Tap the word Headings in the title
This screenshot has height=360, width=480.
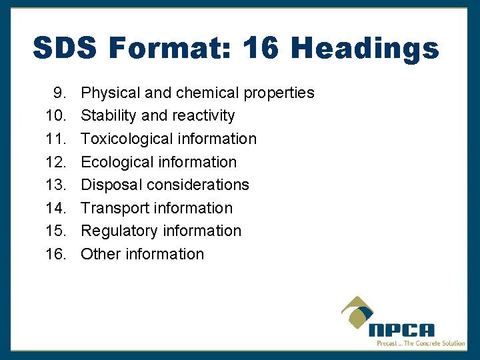pyautogui.click(x=365, y=49)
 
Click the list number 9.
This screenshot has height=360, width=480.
pyautogui.click(x=59, y=93)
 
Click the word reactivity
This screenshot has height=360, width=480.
pyautogui.click(x=203, y=116)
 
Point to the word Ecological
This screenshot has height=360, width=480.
pyautogui.click(x=116, y=162)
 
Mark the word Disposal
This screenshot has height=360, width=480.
pyautogui.click(x=111, y=185)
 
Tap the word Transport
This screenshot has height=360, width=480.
pyautogui.click(x=115, y=208)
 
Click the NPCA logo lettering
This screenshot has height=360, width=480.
pyautogui.click(x=402, y=330)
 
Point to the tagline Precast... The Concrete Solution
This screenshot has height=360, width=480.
pyautogui.click(x=421, y=343)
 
